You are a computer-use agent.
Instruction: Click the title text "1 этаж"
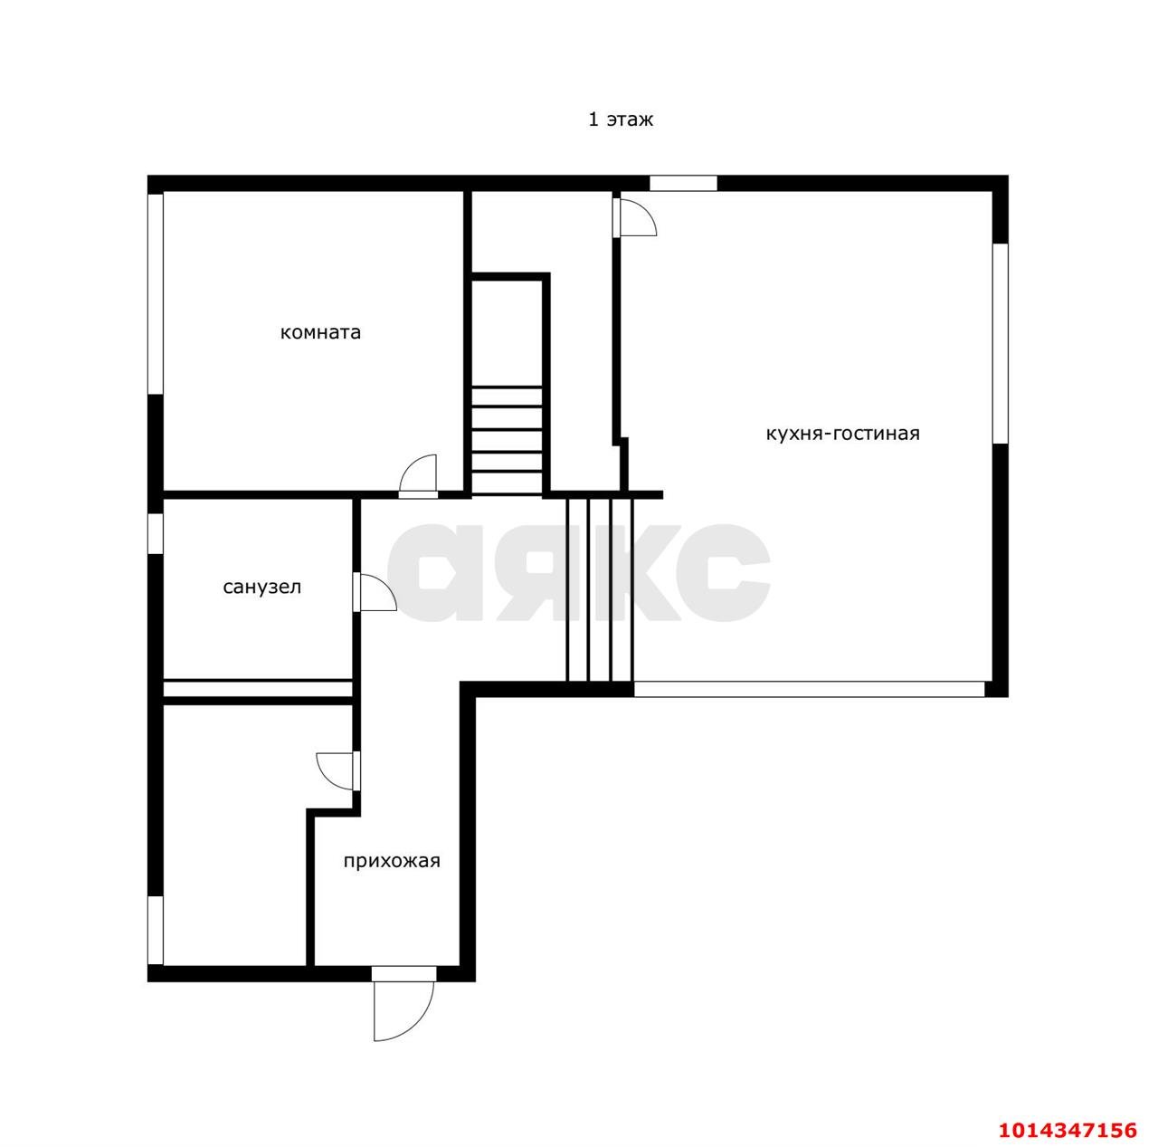pyautogui.click(x=621, y=119)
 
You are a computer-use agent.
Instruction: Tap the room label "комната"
pyautogui.click(x=320, y=332)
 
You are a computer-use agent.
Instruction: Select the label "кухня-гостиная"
pyautogui.click(x=842, y=433)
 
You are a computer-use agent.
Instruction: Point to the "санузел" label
pyautogui.click(x=262, y=587)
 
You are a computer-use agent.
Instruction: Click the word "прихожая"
pyautogui.click(x=392, y=861)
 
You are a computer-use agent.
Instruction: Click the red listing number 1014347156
pyautogui.click(x=1068, y=1130)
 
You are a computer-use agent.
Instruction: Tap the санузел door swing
pyautogui.click(x=374, y=592)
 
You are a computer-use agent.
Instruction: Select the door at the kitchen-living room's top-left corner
pyautogui.click(x=634, y=217)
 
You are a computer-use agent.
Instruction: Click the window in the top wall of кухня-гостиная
pyautogui.click(x=683, y=183)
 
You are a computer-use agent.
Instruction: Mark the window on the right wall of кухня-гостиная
pyautogui.click(x=1000, y=343)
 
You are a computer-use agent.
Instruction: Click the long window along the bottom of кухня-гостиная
pyautogui.click(x=810, y=689)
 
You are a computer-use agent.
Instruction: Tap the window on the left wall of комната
pyautogui.click(x=156, y=294)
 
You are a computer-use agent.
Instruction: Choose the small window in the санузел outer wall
pyautogui.click(x=156, y=533)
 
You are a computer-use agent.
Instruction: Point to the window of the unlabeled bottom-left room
pyautogui.click(x=156, y=931)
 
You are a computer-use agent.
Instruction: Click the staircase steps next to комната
pyautogui.click(x=507, y=440)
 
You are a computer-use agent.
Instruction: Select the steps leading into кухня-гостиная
pyautogui.click(x=600, y=589)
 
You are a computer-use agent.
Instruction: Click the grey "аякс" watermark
pyautogui.click(x=579, y=572)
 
